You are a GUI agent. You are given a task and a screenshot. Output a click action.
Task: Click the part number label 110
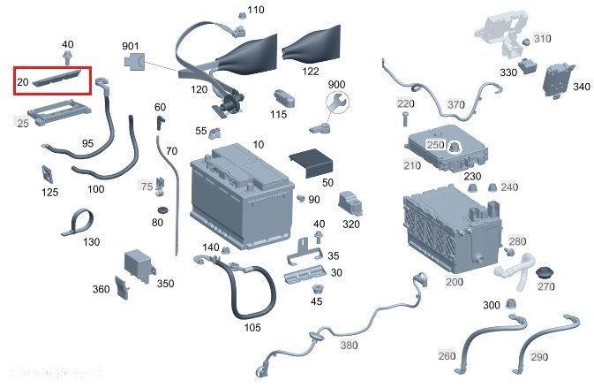255,11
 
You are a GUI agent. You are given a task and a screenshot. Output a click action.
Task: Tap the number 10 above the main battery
258,144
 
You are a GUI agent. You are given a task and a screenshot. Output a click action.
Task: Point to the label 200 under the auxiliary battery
454,282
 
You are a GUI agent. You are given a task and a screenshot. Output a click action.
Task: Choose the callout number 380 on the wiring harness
349,346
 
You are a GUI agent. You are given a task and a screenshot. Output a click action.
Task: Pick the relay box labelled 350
139,262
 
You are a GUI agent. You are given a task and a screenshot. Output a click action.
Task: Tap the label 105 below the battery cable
252,327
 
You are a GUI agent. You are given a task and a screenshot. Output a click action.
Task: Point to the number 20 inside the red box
23,82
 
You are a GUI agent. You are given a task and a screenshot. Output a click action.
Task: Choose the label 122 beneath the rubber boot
310,71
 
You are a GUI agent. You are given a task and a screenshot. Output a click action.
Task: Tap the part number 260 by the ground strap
447,356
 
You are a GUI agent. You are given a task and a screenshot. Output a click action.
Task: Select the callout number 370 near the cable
455,104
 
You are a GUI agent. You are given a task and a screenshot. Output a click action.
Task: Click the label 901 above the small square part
131,46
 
